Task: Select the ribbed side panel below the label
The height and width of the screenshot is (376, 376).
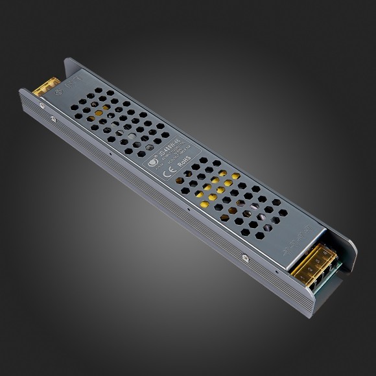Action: tap(162, 207)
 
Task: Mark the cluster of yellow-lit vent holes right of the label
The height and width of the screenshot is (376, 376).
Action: tap(214, 188)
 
